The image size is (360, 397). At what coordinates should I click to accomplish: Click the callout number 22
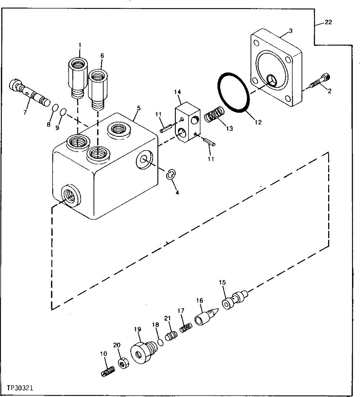pos(328,22)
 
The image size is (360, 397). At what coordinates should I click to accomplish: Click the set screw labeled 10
pos(108,371)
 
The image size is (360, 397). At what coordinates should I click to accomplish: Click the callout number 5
pos(139,108)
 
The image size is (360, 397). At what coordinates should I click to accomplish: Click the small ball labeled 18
pos(160,342)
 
